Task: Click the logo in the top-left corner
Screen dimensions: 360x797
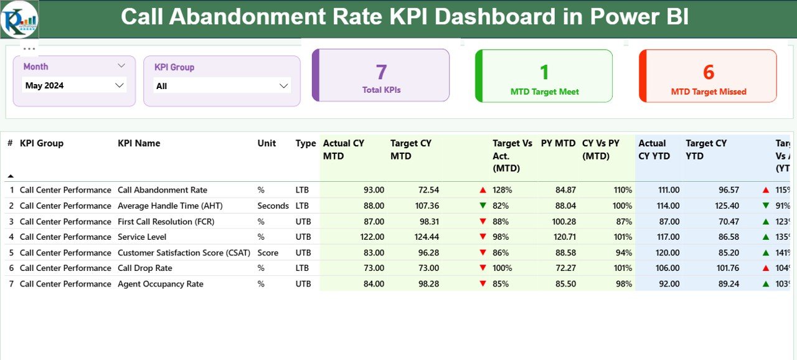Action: pos(19,19)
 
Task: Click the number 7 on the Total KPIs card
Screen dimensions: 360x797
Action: pos(381,72)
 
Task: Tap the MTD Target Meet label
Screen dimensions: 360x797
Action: pos(544,92)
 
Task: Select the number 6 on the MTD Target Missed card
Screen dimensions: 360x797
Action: pos(708,72)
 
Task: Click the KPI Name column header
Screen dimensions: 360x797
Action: pos(139,143)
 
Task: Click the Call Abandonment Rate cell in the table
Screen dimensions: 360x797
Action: pos(163,190)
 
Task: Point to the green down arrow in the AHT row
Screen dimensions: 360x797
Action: pos(483,206)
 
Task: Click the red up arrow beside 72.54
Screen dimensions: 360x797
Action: pos(483,190)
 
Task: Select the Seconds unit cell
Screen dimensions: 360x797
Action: pos(273,206)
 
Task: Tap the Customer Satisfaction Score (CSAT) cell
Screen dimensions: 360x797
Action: pos(184,253)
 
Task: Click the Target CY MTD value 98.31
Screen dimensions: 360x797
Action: pos(427,221)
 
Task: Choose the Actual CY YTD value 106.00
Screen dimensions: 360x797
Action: pos(667,268)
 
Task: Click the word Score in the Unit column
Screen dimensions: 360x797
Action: pos(268,253)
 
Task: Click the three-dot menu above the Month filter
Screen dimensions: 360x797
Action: pos(29,49)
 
